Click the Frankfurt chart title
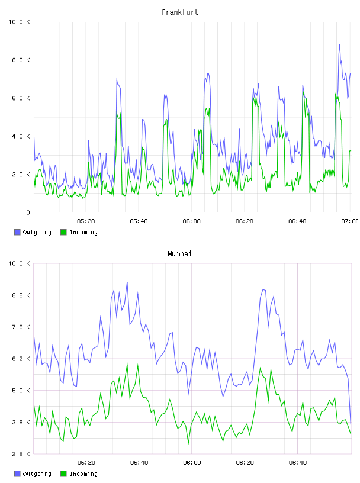click(180, 12)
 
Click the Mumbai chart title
click(179, 254)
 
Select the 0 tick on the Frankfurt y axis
click(28, 212)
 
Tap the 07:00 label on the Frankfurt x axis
click(349, 221)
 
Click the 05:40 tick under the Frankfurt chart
click(139, 221)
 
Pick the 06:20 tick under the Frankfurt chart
click(245, 221)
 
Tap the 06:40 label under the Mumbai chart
click(298, 463)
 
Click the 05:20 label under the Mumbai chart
click(86, 463)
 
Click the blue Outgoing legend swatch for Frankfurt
click(17, 232)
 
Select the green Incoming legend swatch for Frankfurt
click(63, 232)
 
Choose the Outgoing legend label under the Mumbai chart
click(37, 474)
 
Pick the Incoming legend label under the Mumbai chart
click(83, 474)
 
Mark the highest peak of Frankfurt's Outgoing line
click(340, 44)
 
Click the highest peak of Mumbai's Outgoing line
click(127, 282)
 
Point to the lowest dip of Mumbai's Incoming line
click(188, 443)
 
